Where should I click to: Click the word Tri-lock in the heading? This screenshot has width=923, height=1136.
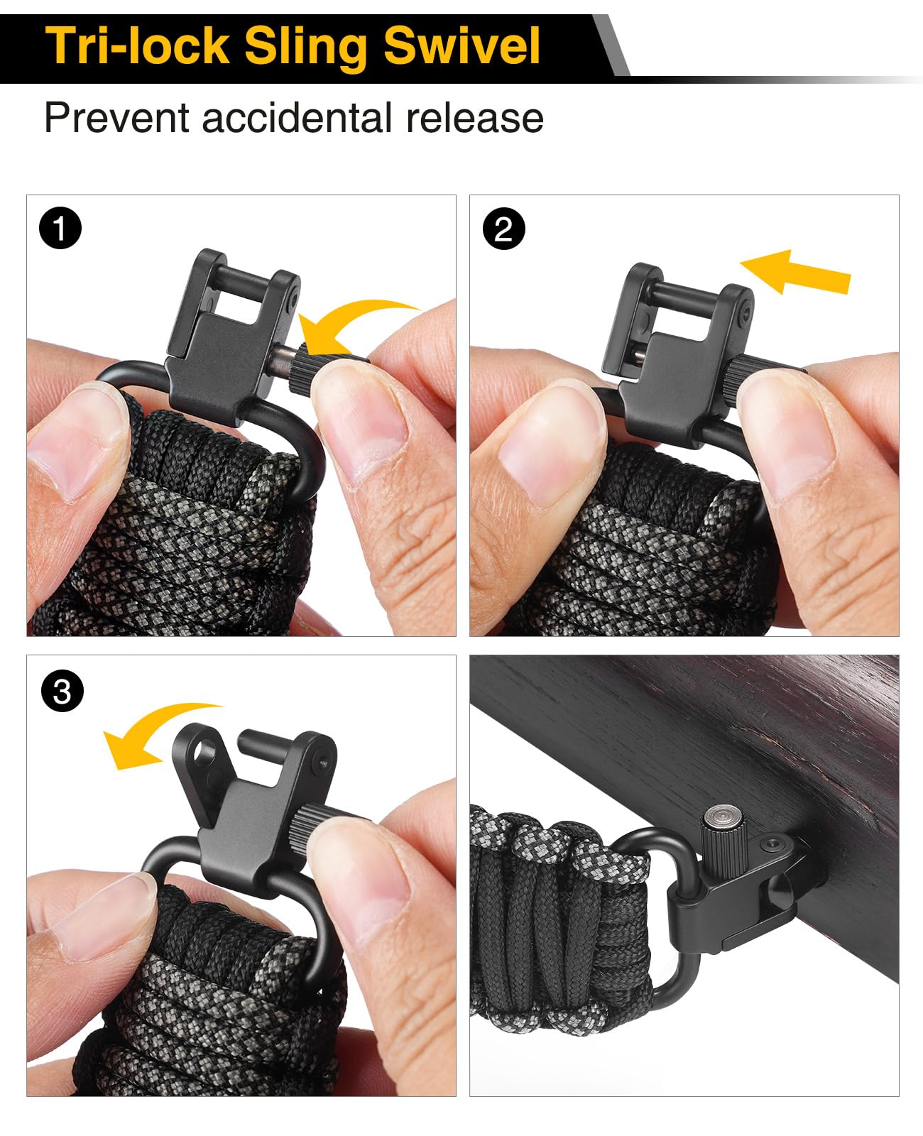pos(137,46)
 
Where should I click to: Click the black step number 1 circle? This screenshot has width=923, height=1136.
pos(60,228)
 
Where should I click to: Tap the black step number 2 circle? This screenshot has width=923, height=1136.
pos(504,229)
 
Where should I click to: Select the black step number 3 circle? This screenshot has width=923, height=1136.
pos(62,692)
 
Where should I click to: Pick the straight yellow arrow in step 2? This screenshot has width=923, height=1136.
pos(795,273)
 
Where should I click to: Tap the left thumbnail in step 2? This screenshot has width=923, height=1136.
pos(550,442)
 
